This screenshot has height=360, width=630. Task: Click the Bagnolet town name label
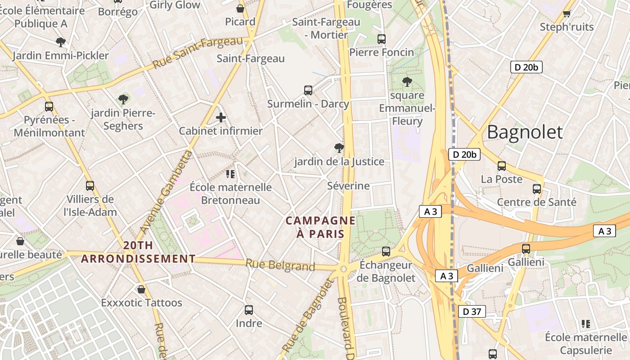(x=525, y=132)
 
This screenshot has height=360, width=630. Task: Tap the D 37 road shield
(x=472, y=311)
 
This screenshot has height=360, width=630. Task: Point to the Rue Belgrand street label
(x=280, y=265)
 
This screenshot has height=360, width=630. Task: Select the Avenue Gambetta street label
(x=165, y=193)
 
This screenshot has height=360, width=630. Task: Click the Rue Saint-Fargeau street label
(x=198, y=53)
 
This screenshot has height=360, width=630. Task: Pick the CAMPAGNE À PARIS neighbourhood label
(x=320, y=227)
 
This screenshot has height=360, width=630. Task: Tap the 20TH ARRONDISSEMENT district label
(x=138, y=252)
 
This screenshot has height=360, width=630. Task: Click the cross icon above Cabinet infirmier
(x=220, y=118)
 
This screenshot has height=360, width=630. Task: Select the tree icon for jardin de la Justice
(x=339, y=148)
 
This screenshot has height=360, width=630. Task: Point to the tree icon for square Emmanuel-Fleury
(x=407, y=82)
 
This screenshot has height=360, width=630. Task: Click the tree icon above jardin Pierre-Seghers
(x=123, y=99)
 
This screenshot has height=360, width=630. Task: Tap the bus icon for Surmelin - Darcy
(x=308, y=90)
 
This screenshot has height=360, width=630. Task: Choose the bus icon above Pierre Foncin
(x=382, y=39)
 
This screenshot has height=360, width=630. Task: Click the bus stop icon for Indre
(x=249, y=310)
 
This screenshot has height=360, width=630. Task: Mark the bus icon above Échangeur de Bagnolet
(x=386, y=252)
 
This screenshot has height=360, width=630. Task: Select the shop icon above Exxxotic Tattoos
(x=141, y=289)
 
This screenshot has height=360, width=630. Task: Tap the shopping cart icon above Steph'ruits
(x=567, y=13)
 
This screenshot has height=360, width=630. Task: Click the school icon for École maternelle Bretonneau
(x=230, y=174)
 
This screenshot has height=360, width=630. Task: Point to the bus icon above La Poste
(x=502, y=166)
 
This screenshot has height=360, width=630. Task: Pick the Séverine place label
(x=348, y=186)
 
